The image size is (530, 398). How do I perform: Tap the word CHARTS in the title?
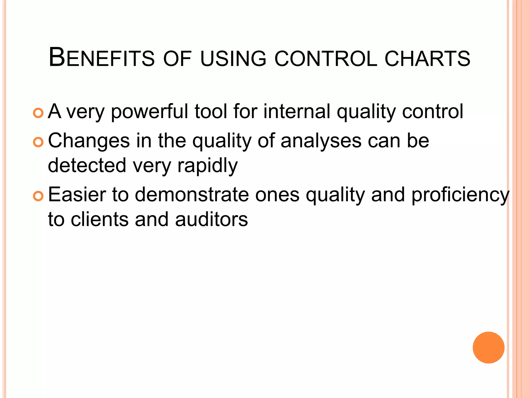point(427,58)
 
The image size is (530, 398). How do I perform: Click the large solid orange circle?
point(488,347)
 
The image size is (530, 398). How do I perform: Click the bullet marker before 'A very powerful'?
point(38,113)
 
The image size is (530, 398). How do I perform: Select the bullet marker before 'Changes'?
point(38,142)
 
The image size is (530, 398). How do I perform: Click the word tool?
point(211,111)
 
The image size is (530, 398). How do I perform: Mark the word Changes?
point(89,141)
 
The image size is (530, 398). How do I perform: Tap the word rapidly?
point(207,166)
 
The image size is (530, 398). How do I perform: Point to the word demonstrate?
point(192,195)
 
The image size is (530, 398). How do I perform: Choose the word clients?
point(99,219)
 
